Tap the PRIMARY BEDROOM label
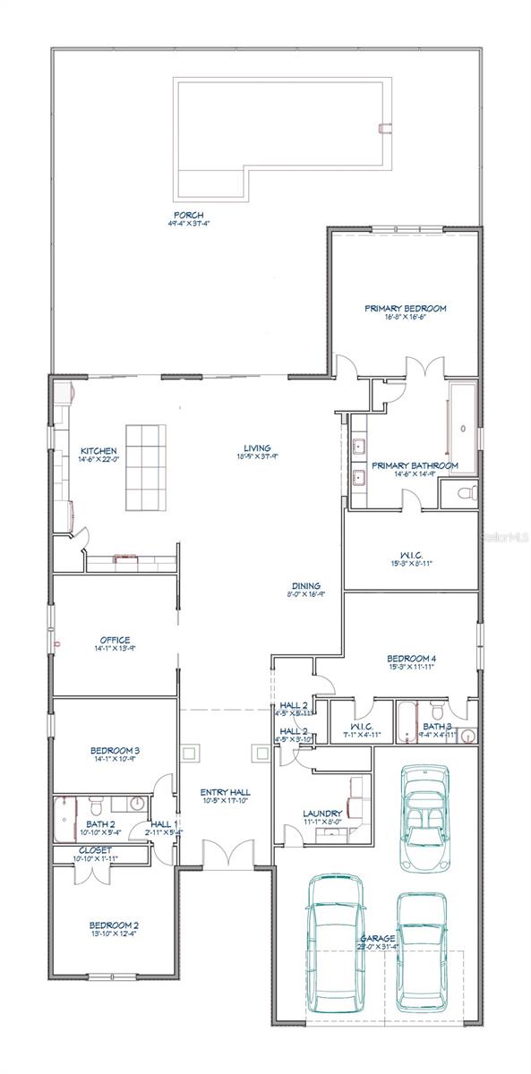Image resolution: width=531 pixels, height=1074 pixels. (405, 309)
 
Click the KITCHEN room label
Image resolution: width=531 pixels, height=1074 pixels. (98, 450)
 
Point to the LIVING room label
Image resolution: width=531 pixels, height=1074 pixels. (258, 448)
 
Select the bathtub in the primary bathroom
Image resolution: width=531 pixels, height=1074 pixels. (462, 430)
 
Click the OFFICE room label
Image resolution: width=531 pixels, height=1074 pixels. (116, 640)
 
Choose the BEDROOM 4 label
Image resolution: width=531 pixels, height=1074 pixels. (411, 656)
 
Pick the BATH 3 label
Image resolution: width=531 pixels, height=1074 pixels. (438, 726)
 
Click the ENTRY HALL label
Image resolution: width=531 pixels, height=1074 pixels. (225, 793)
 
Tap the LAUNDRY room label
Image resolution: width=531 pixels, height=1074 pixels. (321, 814)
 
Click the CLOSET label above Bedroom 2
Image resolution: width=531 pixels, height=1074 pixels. (95, 850)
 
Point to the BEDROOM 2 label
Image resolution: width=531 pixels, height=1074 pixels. (114, 925)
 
